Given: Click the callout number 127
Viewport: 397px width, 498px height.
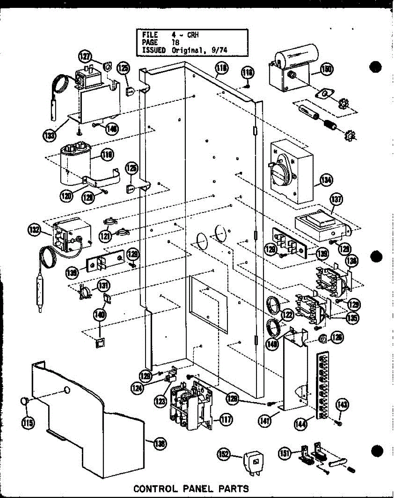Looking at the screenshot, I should coord(85,57).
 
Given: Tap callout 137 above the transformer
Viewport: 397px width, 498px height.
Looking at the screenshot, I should coord(336,200).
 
